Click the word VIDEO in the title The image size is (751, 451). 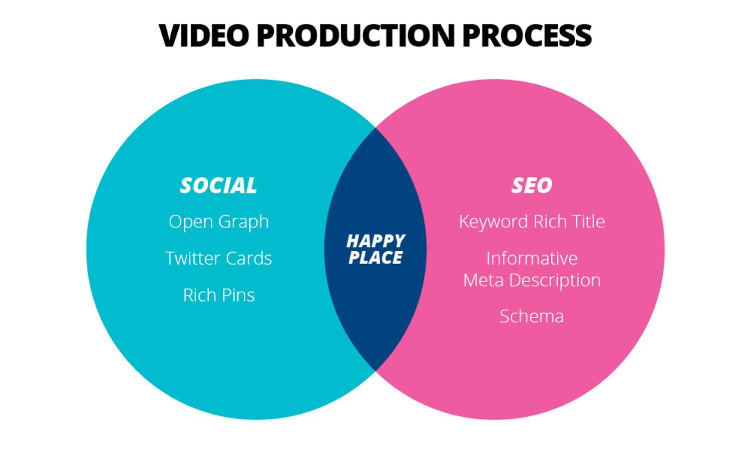tap(204, 35)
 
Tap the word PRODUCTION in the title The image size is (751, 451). tap(355, 35)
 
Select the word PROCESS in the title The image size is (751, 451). tap(527, 35)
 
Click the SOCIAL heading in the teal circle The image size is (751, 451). tap(218, 185)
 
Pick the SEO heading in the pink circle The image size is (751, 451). tap(532, 185)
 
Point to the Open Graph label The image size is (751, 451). tap(219, 221)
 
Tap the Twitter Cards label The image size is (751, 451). tap(219, 258)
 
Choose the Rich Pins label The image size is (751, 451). tap(219, 295)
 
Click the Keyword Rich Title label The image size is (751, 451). tap(532, 221)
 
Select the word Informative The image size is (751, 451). tap(532, 258)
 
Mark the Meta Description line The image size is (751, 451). tap(532, 280)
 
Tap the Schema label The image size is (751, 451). tap(532, 316)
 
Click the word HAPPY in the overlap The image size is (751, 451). tap(375, 241)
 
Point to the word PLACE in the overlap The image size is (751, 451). tap(375, 258)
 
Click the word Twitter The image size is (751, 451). tap(192, 258)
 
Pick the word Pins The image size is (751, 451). tap(238, 295)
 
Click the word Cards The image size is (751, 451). tap(248, 258)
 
